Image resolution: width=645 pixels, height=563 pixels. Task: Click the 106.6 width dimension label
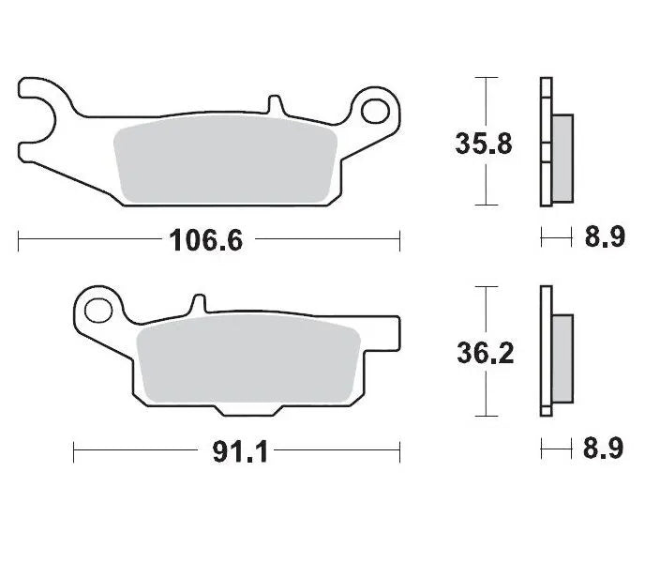(205, 240)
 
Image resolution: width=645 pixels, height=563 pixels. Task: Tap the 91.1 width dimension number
(242, 452)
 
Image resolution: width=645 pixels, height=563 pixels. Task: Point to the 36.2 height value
(483, 354)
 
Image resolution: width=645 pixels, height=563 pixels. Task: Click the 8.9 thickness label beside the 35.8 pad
(605, 238)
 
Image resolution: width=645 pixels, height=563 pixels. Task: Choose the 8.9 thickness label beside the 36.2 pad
(605, 449)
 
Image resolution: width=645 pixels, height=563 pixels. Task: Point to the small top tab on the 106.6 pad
(273, 102)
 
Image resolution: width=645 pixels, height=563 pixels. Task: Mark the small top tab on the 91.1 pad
(197, 303)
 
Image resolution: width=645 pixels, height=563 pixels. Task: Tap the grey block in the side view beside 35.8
(562, 158)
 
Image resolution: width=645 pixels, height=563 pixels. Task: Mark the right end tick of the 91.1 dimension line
(400, 451)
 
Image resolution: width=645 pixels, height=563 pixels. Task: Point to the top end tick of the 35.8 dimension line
(483, 79)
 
